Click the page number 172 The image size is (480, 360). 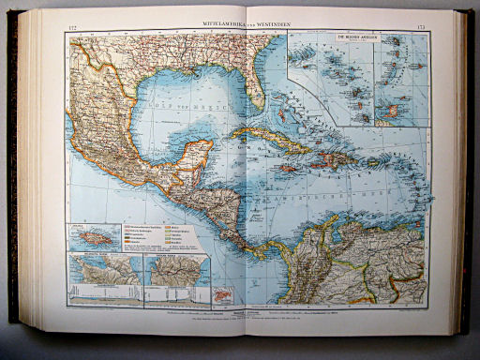pos(72,22)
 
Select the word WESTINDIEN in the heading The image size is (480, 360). pos(266,21)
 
